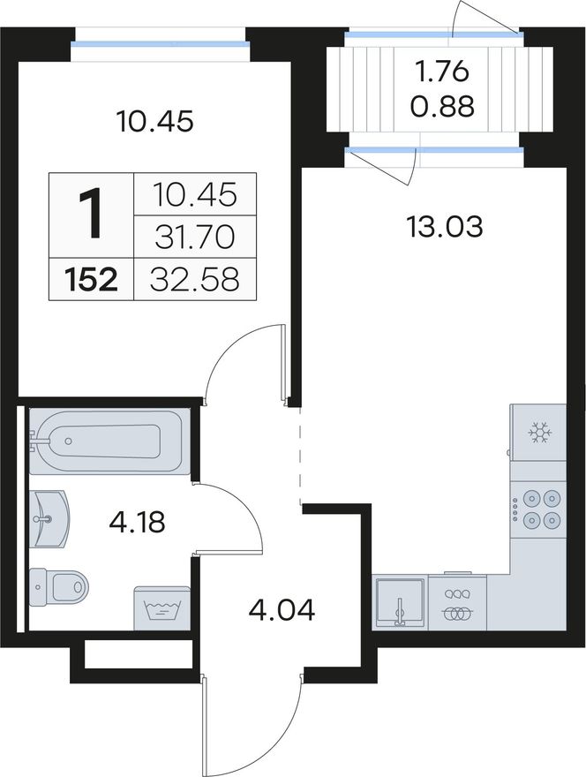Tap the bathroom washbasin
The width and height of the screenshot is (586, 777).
[x=49, y=519]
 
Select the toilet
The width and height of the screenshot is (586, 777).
[x=58, y=586]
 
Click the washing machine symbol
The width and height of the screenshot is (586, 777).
[x=162, y=608]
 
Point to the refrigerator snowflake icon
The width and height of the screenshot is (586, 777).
[x=540, y=433]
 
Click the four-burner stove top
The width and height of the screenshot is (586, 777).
[x=538, y=508]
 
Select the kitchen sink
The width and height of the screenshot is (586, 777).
[x=399, y=602]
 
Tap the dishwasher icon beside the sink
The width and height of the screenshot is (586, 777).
[x=458, y=602]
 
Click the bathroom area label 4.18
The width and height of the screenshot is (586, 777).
[x=136, y=522]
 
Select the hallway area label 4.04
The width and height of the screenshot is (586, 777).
[x=282, y=609]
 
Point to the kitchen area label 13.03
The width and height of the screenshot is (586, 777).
[x=444, y=228]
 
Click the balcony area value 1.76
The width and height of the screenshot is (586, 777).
[x=442, y=72]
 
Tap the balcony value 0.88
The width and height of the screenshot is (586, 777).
[x=442, y=106]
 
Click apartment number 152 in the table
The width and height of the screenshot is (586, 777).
[x=91, y=280]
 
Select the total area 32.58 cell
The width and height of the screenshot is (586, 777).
[x=195, y=279]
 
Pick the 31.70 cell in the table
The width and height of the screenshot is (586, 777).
[x=195, y=237]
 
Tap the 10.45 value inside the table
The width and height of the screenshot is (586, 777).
[x=195, y=194]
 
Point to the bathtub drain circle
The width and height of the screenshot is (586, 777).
[x=68, y=441]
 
